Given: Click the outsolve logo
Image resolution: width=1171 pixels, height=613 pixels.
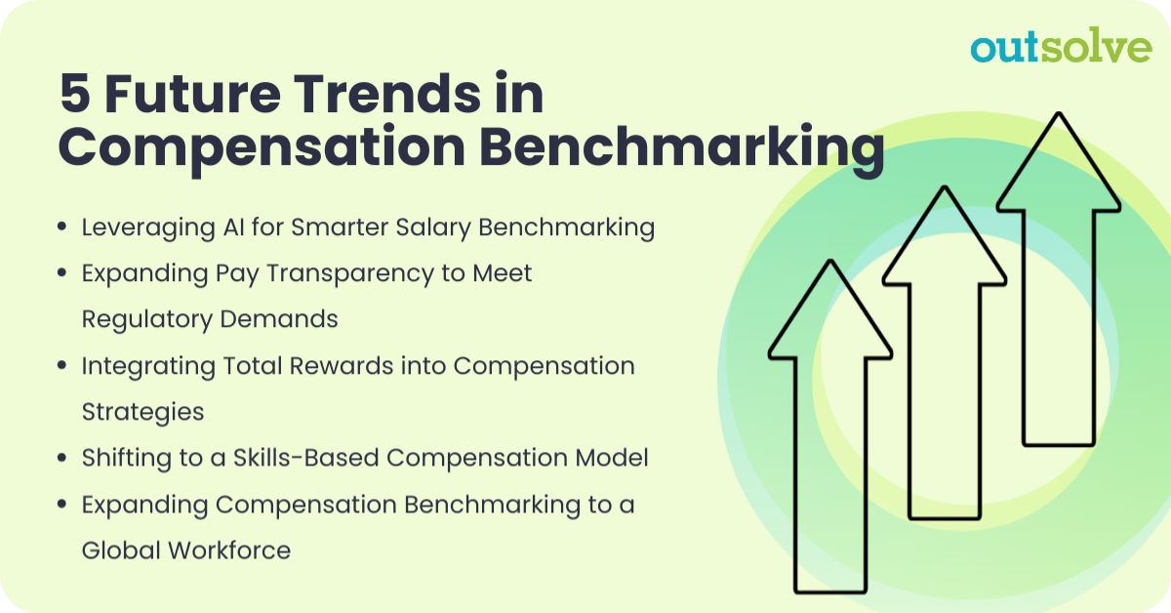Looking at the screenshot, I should (1061, 47).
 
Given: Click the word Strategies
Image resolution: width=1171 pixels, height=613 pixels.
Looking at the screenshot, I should (142, 412).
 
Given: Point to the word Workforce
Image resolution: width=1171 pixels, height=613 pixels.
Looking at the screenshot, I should (229, 551).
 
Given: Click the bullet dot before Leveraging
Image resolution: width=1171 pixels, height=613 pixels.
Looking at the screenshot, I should (62, 228).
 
